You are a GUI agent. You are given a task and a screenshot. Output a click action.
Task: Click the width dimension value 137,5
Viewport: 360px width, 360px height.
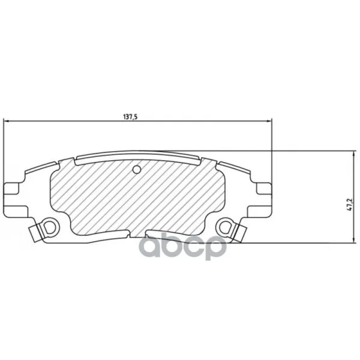pyautogui.click(x=130, y=117)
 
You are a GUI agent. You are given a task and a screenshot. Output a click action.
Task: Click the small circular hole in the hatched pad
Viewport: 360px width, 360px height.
pyautogui.click(x=137, y=170)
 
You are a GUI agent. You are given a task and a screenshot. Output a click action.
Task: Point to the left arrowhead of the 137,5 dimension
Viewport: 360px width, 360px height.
pyautogui.click(x=7, y=121)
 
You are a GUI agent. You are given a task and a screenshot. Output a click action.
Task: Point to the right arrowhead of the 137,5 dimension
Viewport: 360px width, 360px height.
pyautogui.click(x=269, y=121)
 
